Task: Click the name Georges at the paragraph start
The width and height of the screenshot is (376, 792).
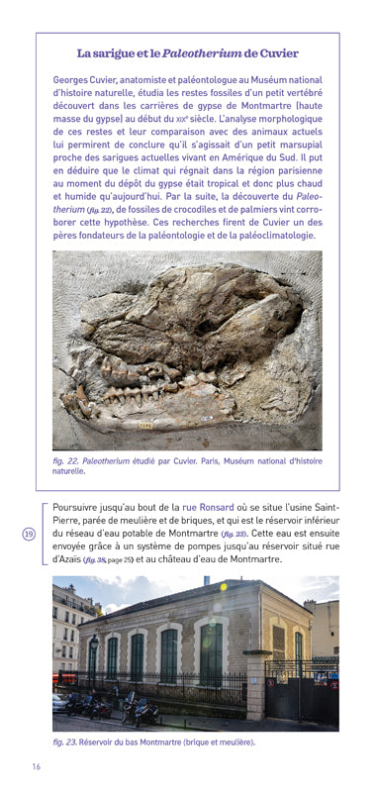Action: pos(73,78)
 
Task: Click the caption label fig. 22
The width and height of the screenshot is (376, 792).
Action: pos(65,460)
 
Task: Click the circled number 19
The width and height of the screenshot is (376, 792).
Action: pos(28,534)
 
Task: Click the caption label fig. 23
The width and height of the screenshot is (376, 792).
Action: pos(65,742)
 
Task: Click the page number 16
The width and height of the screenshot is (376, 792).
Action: pos(36,766)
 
